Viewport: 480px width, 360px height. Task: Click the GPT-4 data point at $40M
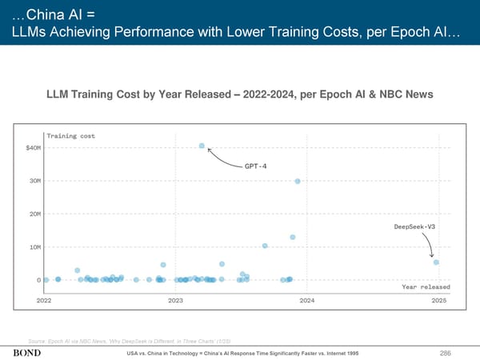[202, 146]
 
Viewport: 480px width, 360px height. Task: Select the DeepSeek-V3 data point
[436, 262]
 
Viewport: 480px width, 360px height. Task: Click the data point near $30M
[297, 182]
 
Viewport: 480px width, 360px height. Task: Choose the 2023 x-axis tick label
[176, 300]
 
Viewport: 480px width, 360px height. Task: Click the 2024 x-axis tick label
[306, 300]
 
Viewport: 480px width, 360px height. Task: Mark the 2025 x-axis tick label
[438, 300]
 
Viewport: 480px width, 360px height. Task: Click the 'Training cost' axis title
[71, 135]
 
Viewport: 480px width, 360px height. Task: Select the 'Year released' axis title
[425, 286]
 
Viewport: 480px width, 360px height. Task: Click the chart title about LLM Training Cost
[239, 95]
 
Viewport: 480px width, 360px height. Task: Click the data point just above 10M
[265, 246]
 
